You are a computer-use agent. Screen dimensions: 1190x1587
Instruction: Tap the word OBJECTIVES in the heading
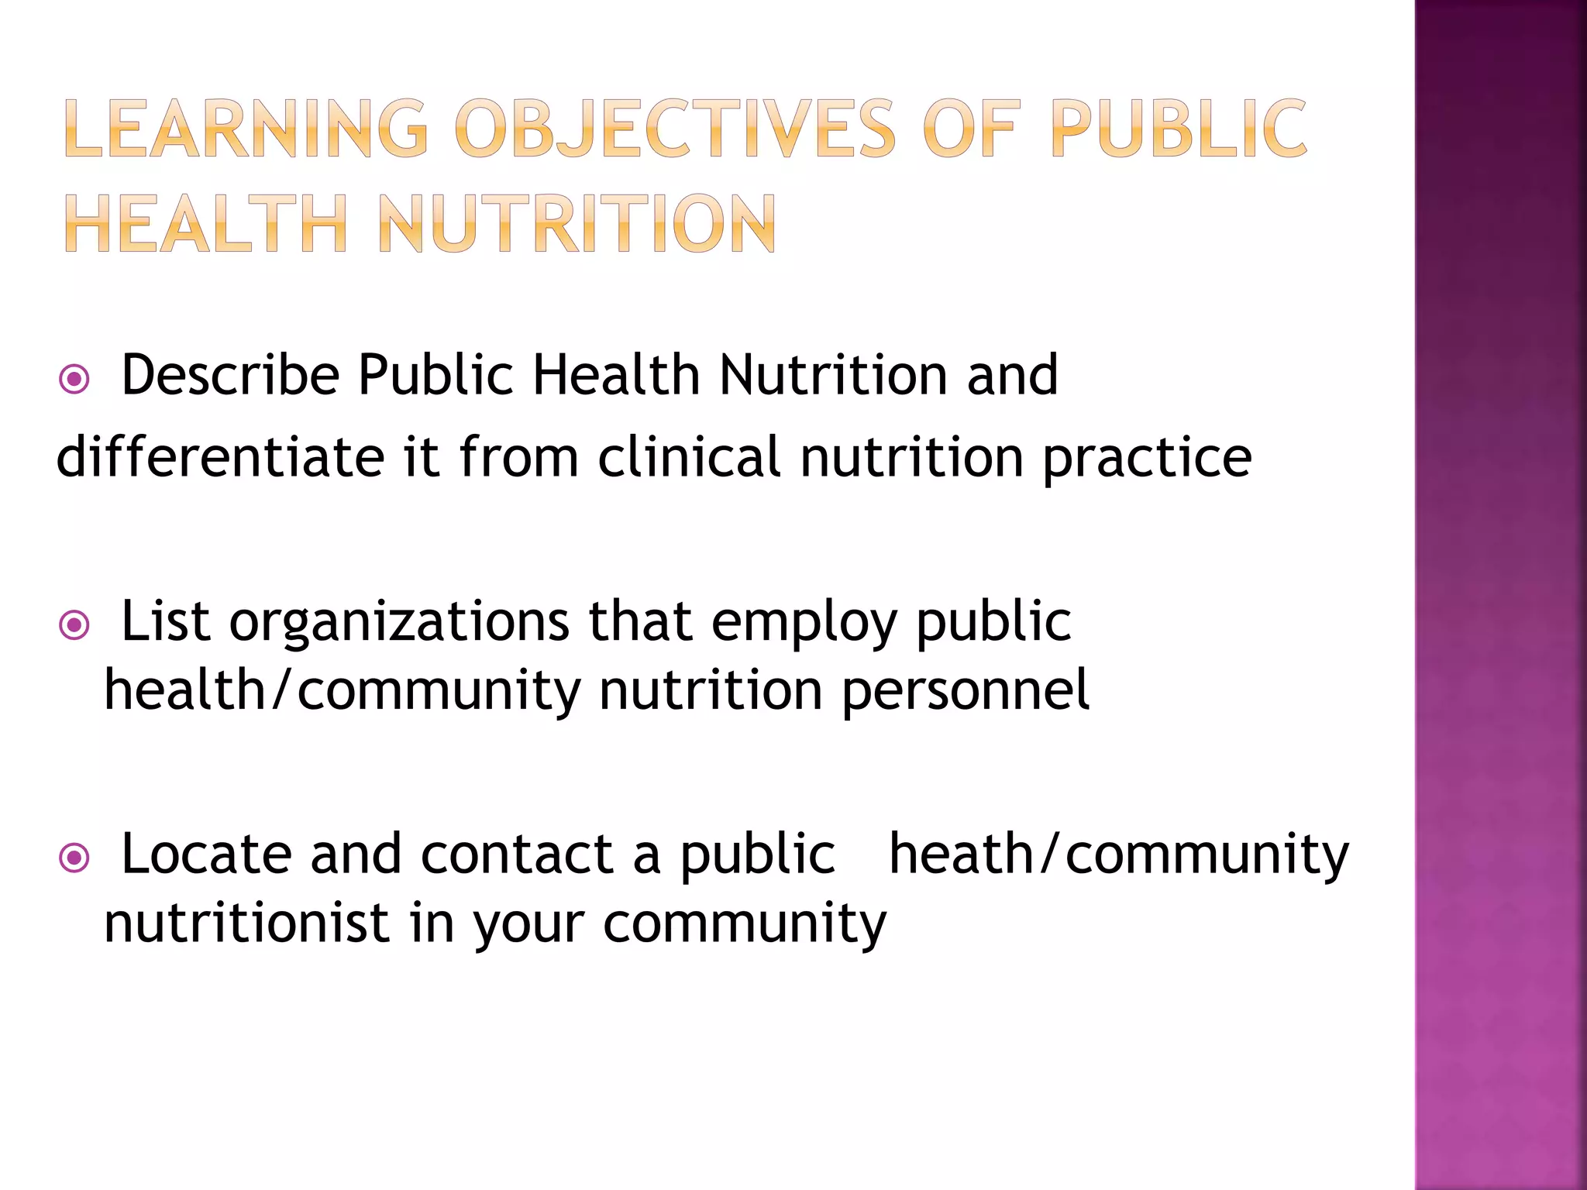click(675, 129)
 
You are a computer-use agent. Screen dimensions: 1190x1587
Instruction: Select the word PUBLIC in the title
click(1179, 129)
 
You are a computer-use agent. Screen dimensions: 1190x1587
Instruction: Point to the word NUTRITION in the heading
click(577, 224)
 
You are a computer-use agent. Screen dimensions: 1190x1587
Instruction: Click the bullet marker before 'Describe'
click(74, 380)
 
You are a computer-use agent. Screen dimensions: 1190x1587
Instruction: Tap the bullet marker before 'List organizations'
click(74, 624)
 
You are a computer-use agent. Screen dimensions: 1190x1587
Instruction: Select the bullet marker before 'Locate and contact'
click(74, 858)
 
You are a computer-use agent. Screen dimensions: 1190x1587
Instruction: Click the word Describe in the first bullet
click(230, 376)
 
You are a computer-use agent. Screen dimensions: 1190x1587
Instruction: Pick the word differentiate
click(220, 457)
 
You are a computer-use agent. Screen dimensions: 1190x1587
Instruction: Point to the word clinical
click(689, 457)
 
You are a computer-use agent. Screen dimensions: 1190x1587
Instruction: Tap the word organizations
click(399, 622)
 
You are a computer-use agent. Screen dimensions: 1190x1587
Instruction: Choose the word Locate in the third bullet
click(206, 855)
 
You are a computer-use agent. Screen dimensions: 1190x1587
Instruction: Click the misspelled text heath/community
click(1118, 855)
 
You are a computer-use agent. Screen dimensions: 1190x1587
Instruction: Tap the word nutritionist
click(246, 923)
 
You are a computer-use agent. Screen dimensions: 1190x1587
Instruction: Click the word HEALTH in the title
click(206, 224)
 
